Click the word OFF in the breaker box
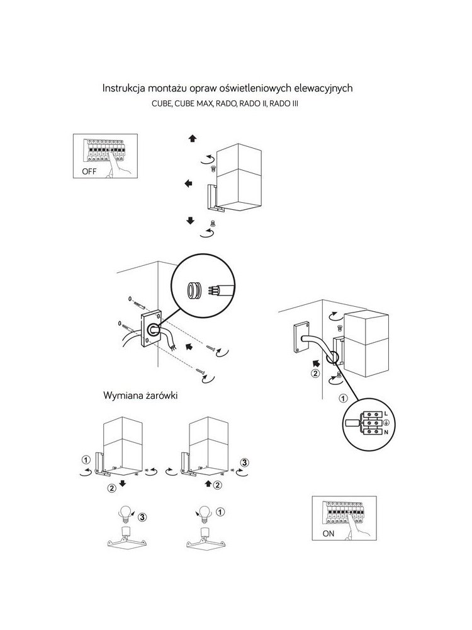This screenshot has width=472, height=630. click(x=89, y=171)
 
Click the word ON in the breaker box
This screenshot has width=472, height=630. click(x=329, y=534)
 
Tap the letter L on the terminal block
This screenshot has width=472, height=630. click(x=386, y=413)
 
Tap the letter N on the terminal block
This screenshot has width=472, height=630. click(x=386, y=432)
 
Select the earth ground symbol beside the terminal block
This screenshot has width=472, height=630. click(x=386, y=423)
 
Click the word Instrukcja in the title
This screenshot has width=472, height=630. click(x=123, y=88)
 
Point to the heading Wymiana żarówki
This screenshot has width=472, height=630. click(x=140, y=396)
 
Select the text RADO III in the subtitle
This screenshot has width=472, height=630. click(x=284, y=104)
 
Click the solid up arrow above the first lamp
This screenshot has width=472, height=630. click(x=193, y=139)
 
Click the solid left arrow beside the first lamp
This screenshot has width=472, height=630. click(x=188, y=183)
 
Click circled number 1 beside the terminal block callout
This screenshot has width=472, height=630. click(x=343, y=399)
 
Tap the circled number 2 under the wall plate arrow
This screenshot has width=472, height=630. click(x=316, y=373)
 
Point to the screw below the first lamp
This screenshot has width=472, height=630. click(x=213, y=223)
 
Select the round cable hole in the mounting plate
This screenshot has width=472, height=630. click(x=154, y=330)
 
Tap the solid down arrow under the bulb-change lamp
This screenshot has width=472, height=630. click(x=123, y=483)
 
